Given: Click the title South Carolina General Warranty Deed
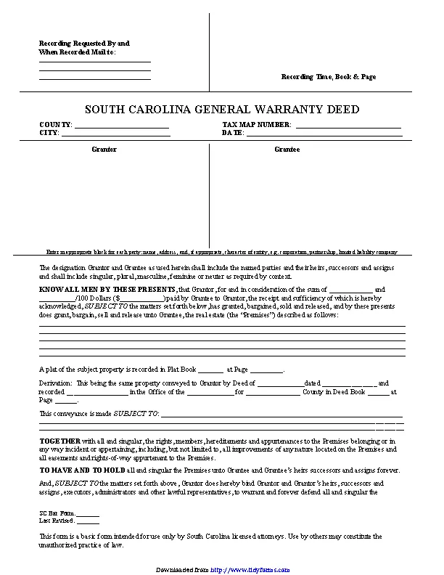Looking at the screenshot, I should pyautogui.click(x=222, y=110).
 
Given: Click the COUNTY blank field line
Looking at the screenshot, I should pyautogui.click(x=122, y=127).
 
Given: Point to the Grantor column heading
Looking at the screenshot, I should pyautogui.click(x=104, y=150).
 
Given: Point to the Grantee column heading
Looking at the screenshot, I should pyautogui.click(x=287, y=150).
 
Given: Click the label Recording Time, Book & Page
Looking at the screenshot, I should pyautogui.click(x=329, y=76).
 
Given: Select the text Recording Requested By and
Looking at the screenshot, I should pyautogui.click(x=83, y=44).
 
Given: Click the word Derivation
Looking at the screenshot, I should pyautogui.click(x=55, y=383).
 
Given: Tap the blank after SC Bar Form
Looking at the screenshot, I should pyautogui.click(x=88, y=513).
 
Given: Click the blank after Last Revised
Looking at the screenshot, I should pyautogui.click(x=88, y=521).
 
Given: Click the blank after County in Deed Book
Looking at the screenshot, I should pyautogui.click(x=378, y=392).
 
